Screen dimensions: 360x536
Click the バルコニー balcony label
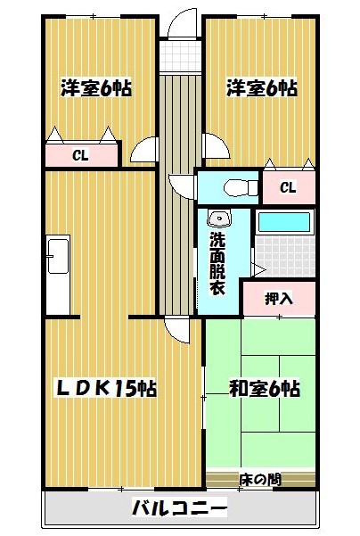pos(180,508)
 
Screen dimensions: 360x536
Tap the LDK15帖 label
pos(106,388)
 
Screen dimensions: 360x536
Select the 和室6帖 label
pos(265,388)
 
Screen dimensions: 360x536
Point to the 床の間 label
pos(260,480)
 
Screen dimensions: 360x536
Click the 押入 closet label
pos(279,299)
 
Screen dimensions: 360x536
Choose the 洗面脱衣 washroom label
pos(217,263)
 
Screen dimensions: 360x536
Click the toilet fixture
pos(241,187)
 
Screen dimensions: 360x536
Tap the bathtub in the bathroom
pos(284,222)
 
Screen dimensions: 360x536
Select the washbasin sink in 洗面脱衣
pos(219,218)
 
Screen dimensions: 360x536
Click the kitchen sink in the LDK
pos(58,256)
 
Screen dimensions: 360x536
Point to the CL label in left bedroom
pos(80,155)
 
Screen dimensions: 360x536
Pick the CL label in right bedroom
pos(288,187)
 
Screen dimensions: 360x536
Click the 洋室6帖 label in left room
pos(96,88)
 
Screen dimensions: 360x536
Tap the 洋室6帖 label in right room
pos(262,88)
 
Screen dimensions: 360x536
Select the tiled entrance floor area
pos(180,56)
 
